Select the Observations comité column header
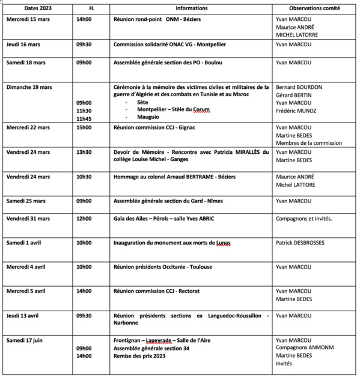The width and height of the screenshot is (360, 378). tap(312, 9)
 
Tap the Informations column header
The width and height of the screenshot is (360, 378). tap(192, 9)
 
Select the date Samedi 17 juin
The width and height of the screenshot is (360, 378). tap(25, 341)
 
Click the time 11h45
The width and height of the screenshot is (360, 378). tap(84, 118)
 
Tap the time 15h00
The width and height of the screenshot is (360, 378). tap(84, 127)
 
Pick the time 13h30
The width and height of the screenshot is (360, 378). tap(84, 152)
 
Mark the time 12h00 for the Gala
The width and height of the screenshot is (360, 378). tap(84, 219)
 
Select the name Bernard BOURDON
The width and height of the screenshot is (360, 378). tap(298, 87)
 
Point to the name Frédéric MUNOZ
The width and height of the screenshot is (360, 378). tap(297, 111)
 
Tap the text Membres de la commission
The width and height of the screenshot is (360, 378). tap(308, 143)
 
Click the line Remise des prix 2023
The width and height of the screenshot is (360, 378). tap(139, 356)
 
